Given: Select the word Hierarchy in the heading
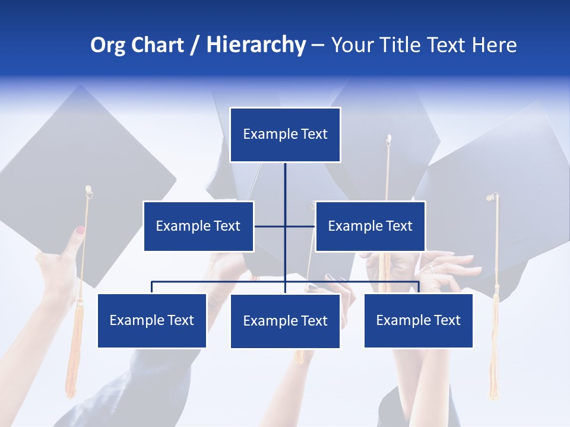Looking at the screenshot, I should tap(256, 45).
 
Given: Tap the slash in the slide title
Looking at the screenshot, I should tap(195, 46).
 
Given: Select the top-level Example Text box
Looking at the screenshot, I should tap(285, 135).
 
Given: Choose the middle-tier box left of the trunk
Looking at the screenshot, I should tap(198, 226).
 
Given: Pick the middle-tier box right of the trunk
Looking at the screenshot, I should tap(370, 226).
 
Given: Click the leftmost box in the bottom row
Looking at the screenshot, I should tap(151, 320).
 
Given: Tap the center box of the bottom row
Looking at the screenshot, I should tap(285, 321).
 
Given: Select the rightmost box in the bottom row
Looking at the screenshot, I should tap(418, 320).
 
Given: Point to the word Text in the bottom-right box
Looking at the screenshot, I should tap(447, 320).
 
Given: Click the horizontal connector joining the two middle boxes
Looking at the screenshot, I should tap(297, 226).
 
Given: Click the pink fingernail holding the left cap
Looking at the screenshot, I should tap(80, 230).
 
